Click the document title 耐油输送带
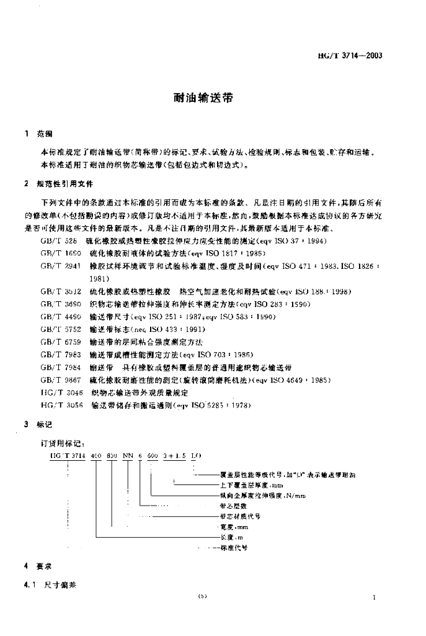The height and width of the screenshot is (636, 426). point(203,98)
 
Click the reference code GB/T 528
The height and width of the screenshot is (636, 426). point(58,240)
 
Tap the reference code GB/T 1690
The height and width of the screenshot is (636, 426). point(60,253)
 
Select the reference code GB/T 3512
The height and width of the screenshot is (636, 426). point(60,291)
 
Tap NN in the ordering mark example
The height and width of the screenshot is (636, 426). point(128,457)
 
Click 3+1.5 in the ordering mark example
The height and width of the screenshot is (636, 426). point(174,457)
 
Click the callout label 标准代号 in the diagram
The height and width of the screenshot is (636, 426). point(234,548)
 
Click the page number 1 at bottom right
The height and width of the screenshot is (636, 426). point(376,597)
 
